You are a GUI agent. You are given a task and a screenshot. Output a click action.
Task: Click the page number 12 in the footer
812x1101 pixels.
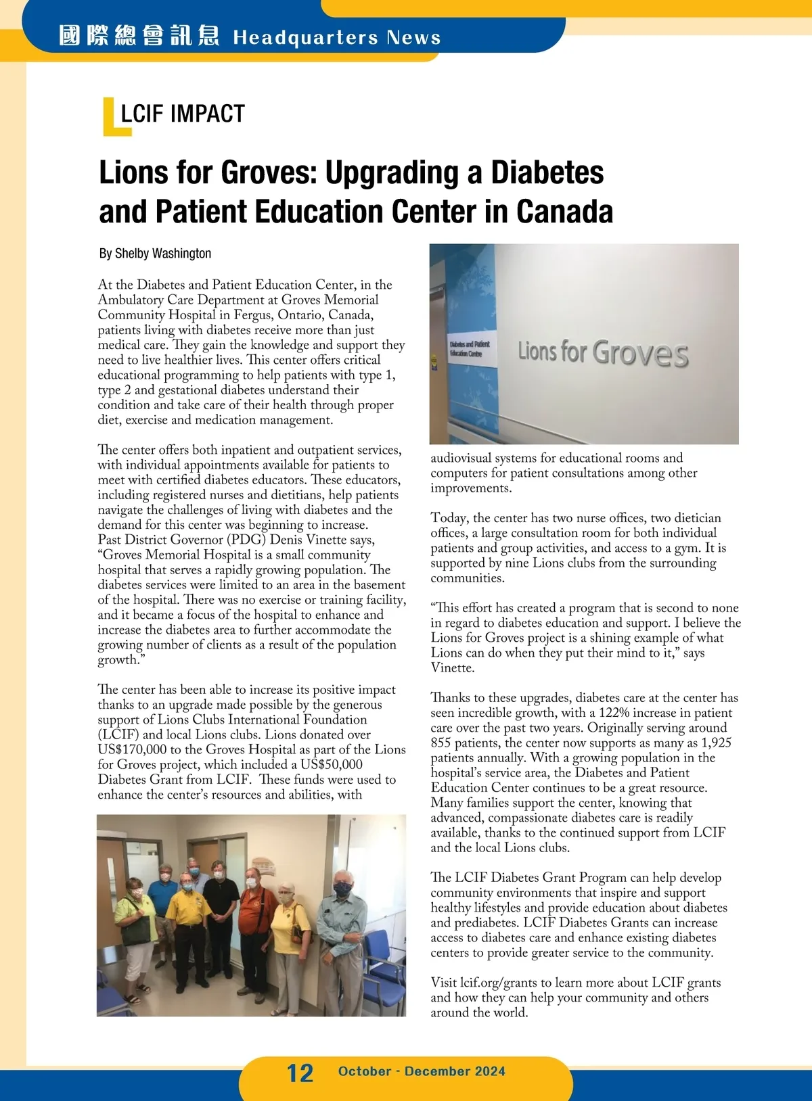300,1073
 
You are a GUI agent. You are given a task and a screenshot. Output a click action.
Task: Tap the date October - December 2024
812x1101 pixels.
422,1071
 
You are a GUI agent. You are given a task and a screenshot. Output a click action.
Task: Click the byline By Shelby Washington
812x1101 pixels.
155,254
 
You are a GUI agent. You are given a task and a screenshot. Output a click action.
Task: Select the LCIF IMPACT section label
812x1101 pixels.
182,114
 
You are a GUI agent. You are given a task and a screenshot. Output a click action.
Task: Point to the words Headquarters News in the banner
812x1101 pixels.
337,37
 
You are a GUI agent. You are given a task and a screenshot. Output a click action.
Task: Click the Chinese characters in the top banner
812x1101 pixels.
139,36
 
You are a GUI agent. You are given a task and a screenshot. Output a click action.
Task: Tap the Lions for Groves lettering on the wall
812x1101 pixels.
603,353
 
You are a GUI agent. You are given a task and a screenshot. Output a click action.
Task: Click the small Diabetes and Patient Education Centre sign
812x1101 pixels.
470,349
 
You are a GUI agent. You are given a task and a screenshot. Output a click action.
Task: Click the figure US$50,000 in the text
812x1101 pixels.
332,764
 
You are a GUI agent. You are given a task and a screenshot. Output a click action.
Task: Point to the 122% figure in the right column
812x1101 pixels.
613,713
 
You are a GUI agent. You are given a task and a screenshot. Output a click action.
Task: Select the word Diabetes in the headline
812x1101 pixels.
547,172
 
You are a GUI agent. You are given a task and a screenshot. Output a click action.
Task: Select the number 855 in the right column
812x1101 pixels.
441,743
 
